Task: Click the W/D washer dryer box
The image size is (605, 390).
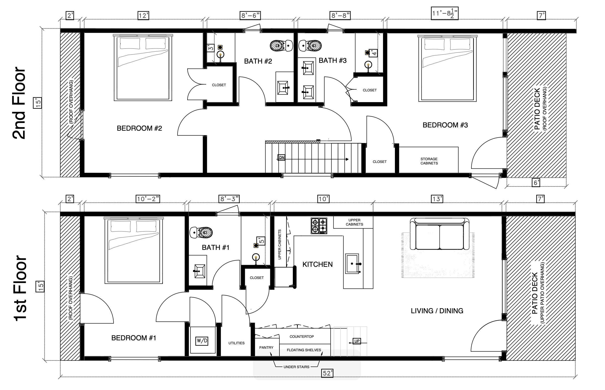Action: click(x=202, y=341)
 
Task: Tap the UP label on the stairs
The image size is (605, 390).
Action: click(x=357, y=341)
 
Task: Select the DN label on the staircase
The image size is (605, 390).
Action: click(x=281, y=157)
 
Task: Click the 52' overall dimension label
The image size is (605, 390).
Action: click(x=327, y=373)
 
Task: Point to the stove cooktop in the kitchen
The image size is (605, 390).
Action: click(x=319, y=225)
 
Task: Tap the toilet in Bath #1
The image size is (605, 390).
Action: click(x=201, y=233)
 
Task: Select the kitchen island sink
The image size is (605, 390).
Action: click(x=353, y=264)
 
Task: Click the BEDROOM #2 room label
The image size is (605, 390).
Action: click(x=139, y=128)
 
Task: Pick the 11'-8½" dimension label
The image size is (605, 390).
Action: click(x=445, y=13)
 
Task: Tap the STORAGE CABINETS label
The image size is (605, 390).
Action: click(x=429, y=161)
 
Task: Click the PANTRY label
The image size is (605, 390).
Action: click(x=266, y=348)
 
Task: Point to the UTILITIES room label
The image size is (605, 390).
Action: click(x=236, y=343)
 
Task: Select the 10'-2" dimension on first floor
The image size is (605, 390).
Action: click(x=148, y=199)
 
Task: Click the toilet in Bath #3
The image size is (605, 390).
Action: click(x=310, y=46)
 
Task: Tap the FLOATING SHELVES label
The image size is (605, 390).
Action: click(x=304, y=350)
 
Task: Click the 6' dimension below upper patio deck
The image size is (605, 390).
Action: click(x=536, y=183)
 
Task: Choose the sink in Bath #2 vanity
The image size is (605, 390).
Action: click(x=282, y=88)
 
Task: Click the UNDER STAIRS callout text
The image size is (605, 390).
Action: click(x=296, y=367)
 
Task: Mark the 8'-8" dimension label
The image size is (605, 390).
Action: click(x=340, y=16)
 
